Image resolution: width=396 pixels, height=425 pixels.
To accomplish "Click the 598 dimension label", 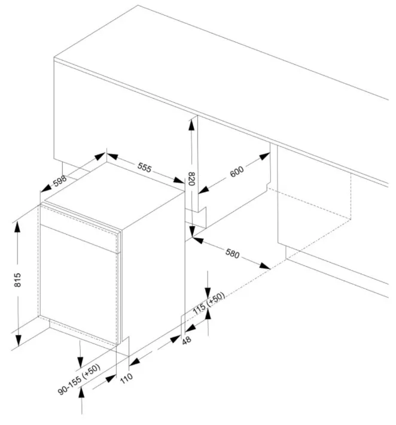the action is pyautogui.click(x=60, y=181).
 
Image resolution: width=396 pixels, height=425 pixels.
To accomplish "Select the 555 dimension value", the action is pyautogui.click(x=144, y=168).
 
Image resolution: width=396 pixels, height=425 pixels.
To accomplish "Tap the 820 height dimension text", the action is pyautogui.click(x=191, y=178).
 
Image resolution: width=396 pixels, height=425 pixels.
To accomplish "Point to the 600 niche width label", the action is pyautogui.click(x=237, y=172).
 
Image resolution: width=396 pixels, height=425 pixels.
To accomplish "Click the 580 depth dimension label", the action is pyautogui.click(x=233, y=253).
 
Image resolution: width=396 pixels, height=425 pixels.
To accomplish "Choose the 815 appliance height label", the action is pyautogui.click(x=17, y=280).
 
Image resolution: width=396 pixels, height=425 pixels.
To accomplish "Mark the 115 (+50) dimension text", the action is pyautogui.click(x=209, y=303).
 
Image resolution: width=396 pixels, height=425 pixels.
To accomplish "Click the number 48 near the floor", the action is pyautogui.click(x=187, y=341).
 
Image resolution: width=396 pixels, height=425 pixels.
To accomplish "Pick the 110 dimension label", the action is pyautogui.click(x=126, y=378).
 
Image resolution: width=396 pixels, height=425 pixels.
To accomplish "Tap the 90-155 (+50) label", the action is pyautogui.click(x=79, y=379).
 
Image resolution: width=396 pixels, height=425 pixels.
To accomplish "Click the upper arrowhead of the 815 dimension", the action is pyautogui.click(x=17, y=227).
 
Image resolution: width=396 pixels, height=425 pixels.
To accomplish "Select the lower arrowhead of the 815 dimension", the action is pyautogui.click(x=18, y=341).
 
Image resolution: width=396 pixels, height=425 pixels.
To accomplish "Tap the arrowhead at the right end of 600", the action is pyautogui.click(x=264, y=156).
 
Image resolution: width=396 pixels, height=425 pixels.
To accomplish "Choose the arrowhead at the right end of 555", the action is pyautogui.click(x=179, y=180).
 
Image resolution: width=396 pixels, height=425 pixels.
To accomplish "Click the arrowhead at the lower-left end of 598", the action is pyautogui.click(x=46, y=188).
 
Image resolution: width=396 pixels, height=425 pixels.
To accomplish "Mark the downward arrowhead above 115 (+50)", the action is pyautogui.click(x=208, y=293).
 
